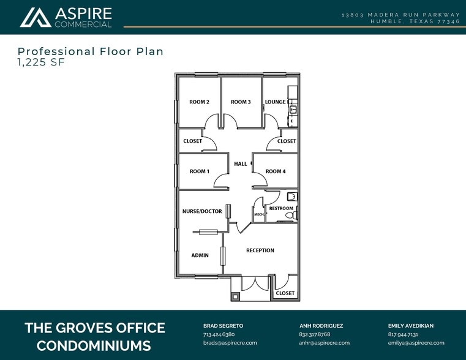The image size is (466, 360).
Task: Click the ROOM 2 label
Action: click(x=199, y=102)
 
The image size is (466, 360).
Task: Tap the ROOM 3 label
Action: click(x=241, y=102)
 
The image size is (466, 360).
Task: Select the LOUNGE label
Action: click(x=275, y=102)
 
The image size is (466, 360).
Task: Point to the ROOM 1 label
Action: click(x=199, y=171)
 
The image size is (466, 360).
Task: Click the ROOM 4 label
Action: click(x=276, y=171)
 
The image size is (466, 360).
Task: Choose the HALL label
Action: click(x=241, y=163)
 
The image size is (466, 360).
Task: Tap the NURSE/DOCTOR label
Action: click(x=202, y=211)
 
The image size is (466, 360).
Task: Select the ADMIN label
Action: click(x=200, y=255)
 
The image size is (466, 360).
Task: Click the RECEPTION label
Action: click(x=260, y=250)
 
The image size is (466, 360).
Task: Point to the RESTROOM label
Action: click(x=281, y=208)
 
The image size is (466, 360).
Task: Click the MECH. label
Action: click(x=258, y=214)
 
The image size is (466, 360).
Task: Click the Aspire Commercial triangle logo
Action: click(x=36, y=17)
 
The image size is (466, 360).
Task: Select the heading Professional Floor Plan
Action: click(x=91, y=51)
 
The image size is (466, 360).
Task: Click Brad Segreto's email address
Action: click(x=230, y=343)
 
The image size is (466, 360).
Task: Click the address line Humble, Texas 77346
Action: click(x=415, y=21)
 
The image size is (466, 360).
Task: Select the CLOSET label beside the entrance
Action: click(x=285, y=293)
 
